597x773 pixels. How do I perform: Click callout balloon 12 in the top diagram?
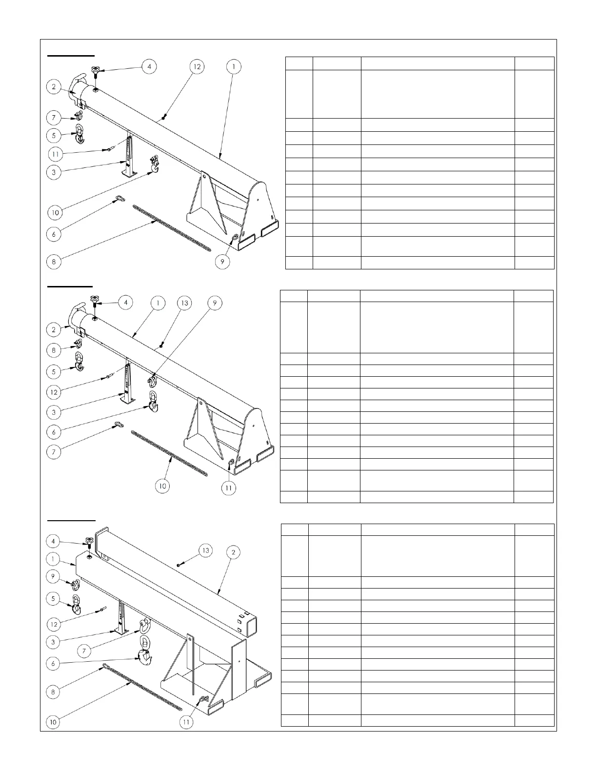click(197, 66)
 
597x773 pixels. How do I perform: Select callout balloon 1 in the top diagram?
click(234, 66)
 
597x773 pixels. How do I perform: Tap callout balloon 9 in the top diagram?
click(222, 262)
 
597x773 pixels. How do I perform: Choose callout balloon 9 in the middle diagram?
click(215, 303)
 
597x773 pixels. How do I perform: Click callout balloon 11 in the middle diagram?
click(229, 487)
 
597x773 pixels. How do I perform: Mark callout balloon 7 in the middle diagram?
click(54, 452)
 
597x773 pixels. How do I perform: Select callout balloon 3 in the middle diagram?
click(54, 412)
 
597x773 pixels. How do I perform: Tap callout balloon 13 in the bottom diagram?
click(206, 550)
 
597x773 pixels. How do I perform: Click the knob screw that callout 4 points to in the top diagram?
click(96, 74)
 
